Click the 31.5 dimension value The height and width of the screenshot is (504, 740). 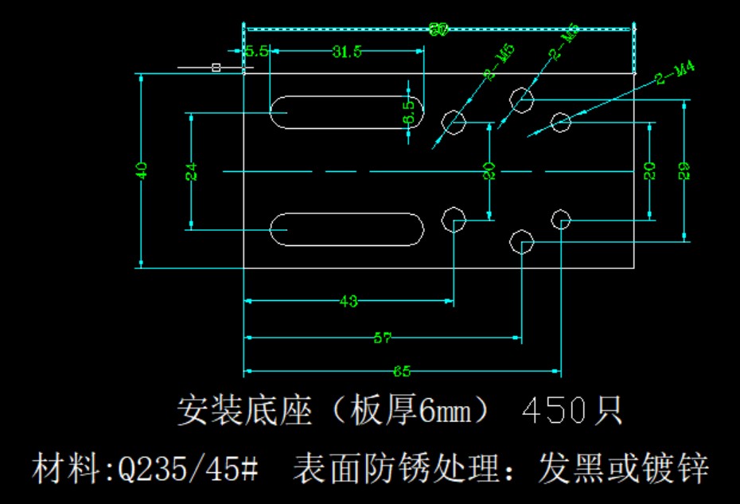[x=348, y=53]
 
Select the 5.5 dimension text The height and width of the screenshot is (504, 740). [x=256, y=52]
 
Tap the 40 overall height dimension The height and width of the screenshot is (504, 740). [x=142, y=170]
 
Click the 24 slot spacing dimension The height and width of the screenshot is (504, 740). [x=192, y=171]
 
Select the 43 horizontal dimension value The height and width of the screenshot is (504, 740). [x=349, y=302]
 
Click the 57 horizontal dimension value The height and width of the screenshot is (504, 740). [x=383, y=338]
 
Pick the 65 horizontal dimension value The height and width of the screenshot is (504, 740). [x=402, y=372]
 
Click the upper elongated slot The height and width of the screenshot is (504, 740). [x=347, y=111]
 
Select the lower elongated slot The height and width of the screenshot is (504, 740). [x=347, y=229]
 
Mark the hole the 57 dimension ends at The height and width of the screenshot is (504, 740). [x=522, y=240]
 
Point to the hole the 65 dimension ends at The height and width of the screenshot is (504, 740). [x=562, y=219]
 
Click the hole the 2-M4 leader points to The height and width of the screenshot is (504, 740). [x=562, y=123]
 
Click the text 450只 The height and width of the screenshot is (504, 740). [x=572, y=412]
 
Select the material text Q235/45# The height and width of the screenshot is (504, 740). [x=188, y=469]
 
